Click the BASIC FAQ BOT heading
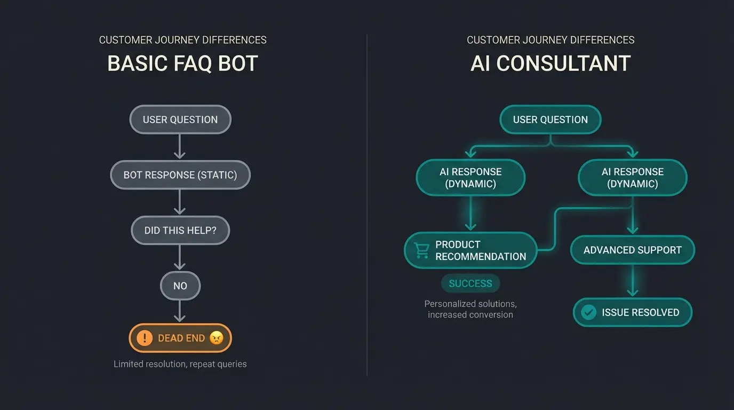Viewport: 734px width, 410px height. tap(182, 64)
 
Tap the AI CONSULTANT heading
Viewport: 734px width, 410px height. tap(550, 64)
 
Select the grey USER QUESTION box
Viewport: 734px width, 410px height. tap(180, 120)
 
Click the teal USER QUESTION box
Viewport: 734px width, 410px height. tap(550, 120)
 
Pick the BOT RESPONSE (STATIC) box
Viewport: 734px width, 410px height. tap(180, 175)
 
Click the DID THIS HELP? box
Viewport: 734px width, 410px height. tap(180, 231)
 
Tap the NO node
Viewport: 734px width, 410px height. tap(180, 286)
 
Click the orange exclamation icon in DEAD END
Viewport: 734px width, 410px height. tap(145, 338)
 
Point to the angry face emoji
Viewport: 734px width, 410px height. tap(216, 338)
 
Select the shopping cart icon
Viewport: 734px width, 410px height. tap(422, 250)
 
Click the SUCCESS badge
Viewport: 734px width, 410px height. tap(470, 283)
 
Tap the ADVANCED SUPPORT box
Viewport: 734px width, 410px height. tap(632, 250)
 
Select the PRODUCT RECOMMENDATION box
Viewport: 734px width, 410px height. tap(470, 250)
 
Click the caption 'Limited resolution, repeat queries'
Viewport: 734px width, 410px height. tap(180, 364)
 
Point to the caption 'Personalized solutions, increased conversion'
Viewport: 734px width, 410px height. tap(470, 309)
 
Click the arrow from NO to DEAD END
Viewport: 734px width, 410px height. tap(180, 311)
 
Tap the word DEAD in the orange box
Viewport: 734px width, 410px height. tap(170, 338)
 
